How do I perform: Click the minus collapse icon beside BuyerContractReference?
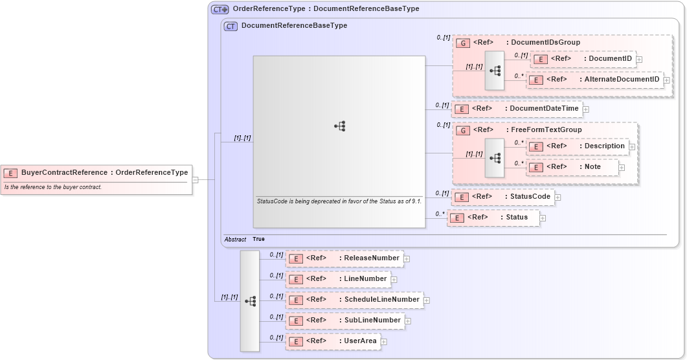click(x=195, y=180)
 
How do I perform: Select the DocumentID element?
click(x=583, y=59)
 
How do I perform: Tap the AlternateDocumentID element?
click(x=595, y=80)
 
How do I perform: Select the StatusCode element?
click(x=502, y=197)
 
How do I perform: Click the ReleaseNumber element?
click(x=344, y=258)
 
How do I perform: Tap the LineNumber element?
click(x=338, y=279)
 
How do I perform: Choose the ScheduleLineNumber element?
click(x=354, y=300)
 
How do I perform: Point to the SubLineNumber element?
click(x=345, y=321)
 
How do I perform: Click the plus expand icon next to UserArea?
click(x=384, y=342)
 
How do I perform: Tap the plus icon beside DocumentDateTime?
click(x=586, y=109)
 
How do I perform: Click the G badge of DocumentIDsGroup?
click(x=462, y=43)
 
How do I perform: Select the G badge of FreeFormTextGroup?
click(x=462, y=130)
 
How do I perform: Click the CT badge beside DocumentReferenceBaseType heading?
click(x=231, y=26)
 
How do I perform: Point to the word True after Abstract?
click(x=258, y=240)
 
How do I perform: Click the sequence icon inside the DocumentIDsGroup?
click(x=495, y=71)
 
